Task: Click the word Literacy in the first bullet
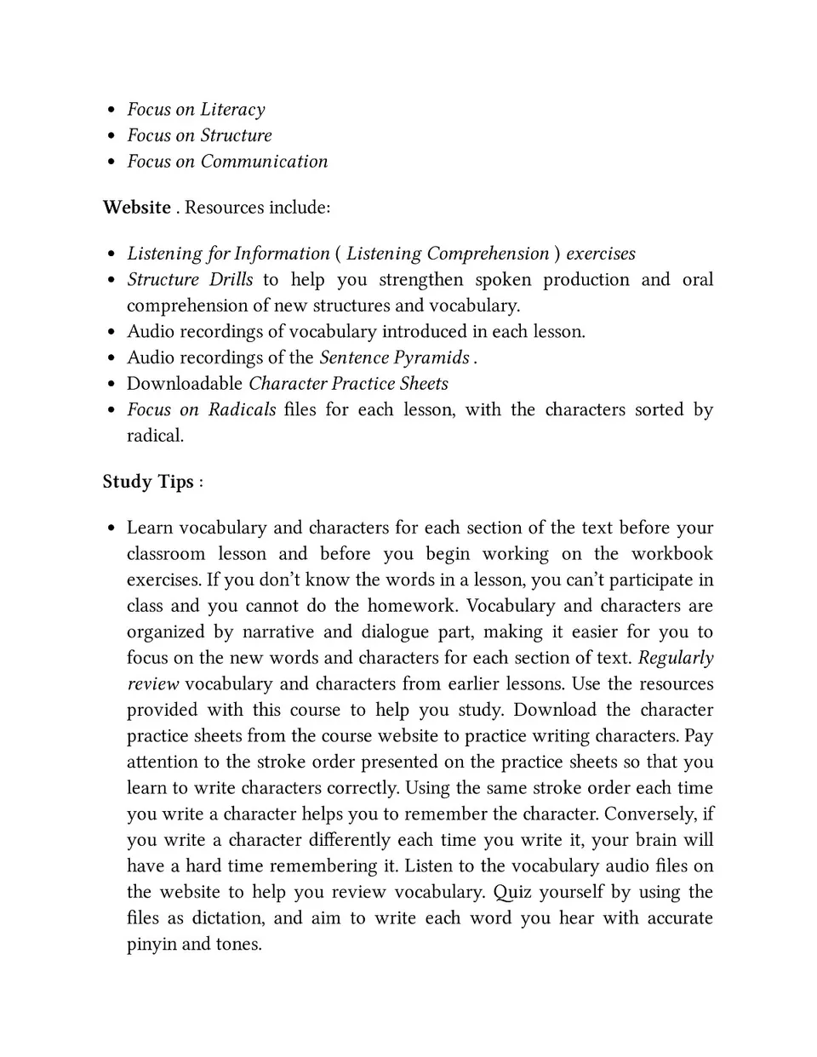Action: (x=232, y=110)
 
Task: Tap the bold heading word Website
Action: (x=136, y=208)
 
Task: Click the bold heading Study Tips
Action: (x=148, y=482)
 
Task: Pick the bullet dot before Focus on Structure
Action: (x=111, y=136)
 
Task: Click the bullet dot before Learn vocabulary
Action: (x=111, y=528)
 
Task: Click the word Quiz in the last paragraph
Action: (x=512, y=893)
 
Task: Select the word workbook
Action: (x=671, y=554)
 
